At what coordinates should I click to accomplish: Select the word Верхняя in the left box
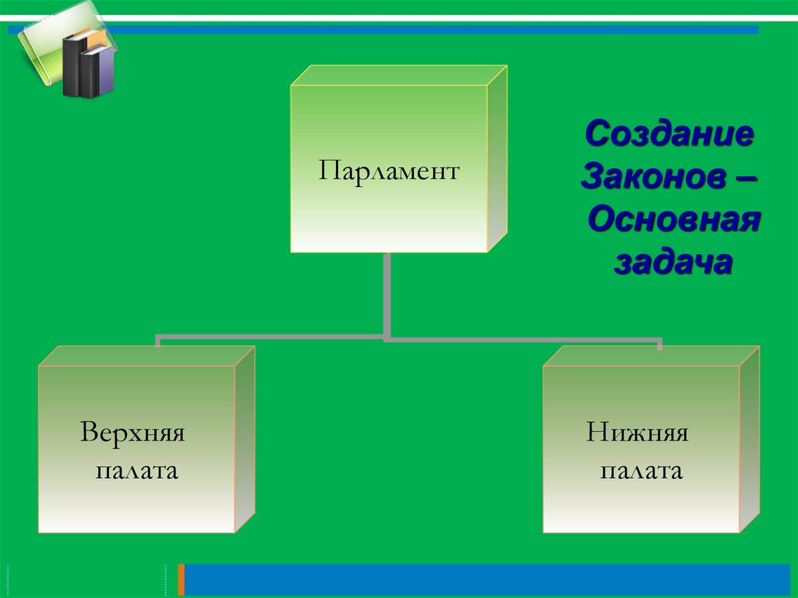(132, 433)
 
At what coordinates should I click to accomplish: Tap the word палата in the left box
(136, 472)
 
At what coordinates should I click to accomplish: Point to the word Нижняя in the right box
(637, 433)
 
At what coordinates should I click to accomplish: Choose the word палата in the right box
(641, 472)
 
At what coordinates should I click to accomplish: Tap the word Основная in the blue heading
(673, 221)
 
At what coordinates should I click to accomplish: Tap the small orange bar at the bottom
(182, 580)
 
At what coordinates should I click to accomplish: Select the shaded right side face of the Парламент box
(497, 160)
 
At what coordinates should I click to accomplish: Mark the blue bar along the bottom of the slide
(483, 580)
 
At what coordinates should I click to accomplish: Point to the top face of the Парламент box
(399, 75)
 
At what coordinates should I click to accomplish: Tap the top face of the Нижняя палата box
(651, 356)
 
